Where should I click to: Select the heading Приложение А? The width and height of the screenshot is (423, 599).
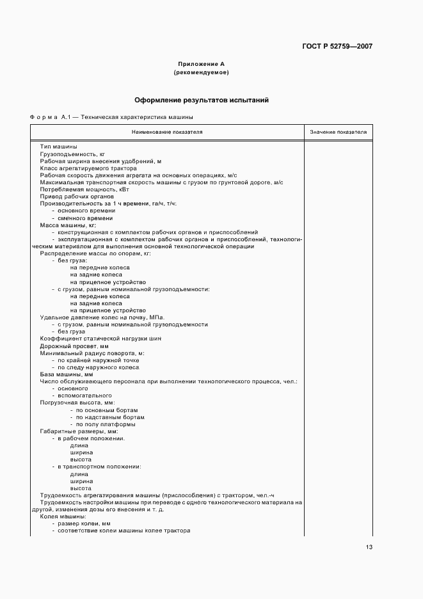[x=201, y=64]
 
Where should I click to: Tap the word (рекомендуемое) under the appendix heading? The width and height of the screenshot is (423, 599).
[x=201, y=72]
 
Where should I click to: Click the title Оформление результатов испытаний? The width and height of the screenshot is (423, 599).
[x=201, y=100]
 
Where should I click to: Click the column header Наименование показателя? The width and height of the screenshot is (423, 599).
[x=167, y=132]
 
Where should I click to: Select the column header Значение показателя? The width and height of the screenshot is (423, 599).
[x=338, y=132]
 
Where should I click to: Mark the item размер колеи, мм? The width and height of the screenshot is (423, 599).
[x=84, y=523]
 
